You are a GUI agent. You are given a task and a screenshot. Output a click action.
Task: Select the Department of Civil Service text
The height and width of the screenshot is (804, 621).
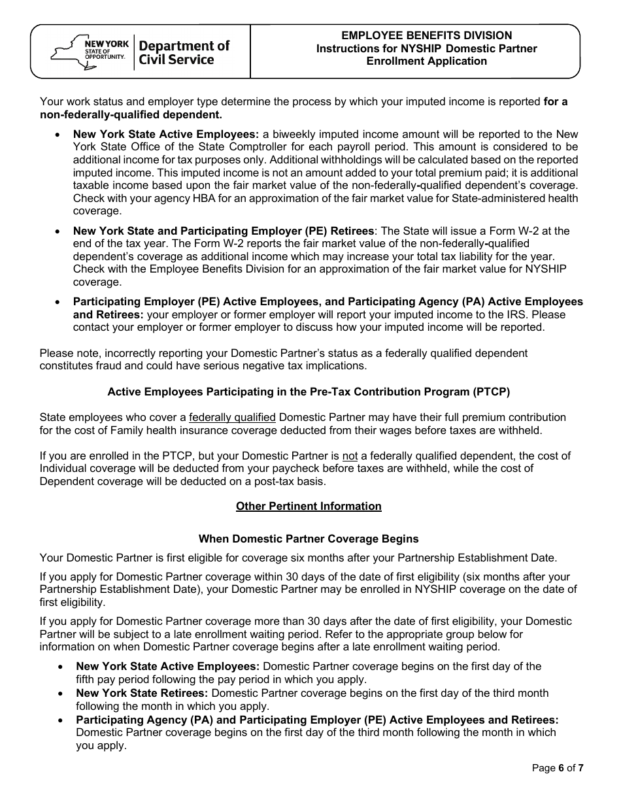tap(184, 53)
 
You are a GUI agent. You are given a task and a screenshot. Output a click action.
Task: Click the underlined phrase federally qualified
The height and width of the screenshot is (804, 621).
tap(232, 418)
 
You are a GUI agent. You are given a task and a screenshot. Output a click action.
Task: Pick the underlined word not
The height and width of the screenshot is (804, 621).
tap(350, 456)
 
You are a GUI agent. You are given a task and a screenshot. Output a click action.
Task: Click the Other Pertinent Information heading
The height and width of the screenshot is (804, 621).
tap(309, 507)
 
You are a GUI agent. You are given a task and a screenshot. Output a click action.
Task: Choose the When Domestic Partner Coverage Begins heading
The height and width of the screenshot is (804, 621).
tap(309, 539)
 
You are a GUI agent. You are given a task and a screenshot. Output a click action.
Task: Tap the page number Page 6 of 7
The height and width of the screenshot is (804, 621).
tap(558, 769)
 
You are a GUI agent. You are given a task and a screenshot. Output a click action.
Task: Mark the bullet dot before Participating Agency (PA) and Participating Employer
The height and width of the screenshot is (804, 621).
tap(60, 720)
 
